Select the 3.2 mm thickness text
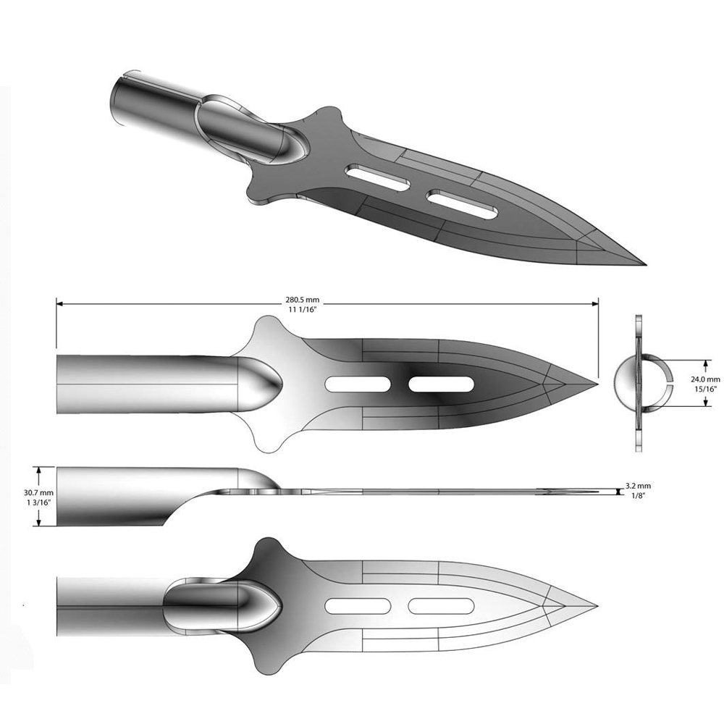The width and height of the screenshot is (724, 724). [x=639, y=487]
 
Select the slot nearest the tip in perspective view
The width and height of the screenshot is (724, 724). [x=461, y=204]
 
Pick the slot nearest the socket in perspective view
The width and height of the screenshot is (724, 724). [x=376, y=177]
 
